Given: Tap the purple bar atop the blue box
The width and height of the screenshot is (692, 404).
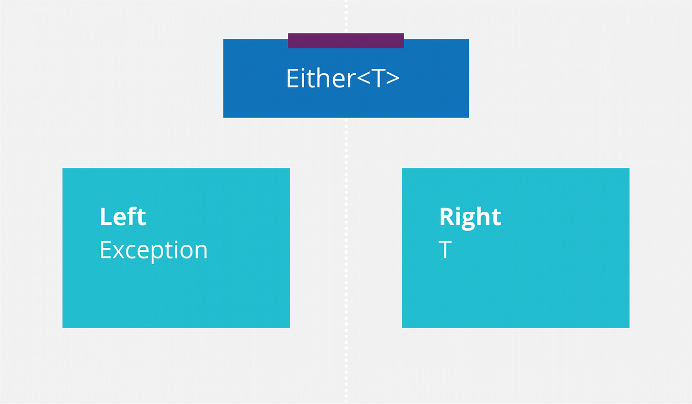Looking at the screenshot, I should pos(345,40).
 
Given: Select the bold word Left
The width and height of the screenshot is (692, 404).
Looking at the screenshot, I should pos(123,217).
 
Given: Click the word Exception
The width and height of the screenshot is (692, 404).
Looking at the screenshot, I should pos(153,250).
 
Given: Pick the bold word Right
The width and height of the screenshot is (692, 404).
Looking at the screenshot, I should pos(470,217).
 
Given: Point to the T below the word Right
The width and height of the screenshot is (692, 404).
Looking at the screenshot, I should pos(445,250).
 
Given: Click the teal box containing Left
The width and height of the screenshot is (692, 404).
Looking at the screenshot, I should pos(176,295).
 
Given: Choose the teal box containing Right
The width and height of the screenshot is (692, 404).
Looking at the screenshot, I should pos(515,295).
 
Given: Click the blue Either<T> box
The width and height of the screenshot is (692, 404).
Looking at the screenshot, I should pos(255,102).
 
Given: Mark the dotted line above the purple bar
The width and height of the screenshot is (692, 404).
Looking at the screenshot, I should pos(346,15).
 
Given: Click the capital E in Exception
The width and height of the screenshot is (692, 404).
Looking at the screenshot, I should pos(105,250).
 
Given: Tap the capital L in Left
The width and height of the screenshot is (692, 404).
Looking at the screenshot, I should pos(105,217).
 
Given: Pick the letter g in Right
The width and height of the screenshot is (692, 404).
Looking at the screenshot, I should pos(467,219).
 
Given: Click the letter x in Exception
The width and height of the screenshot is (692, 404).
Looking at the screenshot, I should pos(118,251).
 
